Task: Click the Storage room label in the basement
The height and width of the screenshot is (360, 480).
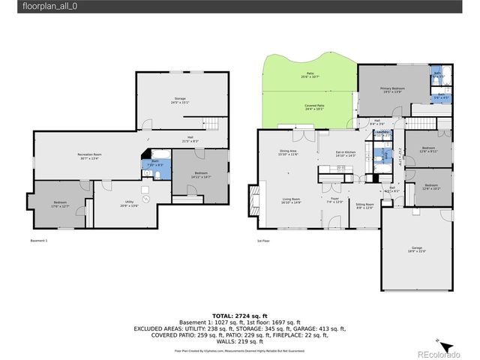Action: click(x=180, y=100)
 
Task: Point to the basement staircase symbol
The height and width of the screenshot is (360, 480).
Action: click(x=215, y=124)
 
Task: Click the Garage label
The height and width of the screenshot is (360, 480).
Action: click(x=416, y=250)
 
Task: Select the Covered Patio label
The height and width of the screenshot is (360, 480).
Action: click(x=314, y=107)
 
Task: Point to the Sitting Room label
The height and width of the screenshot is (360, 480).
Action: click(x=365, y=205)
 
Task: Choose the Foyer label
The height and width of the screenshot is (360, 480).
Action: click(x=335, y=200)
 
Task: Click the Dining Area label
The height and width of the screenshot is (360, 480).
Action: click(x=289, y=153)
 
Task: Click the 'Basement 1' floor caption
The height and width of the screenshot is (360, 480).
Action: click(x=39, y=241)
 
